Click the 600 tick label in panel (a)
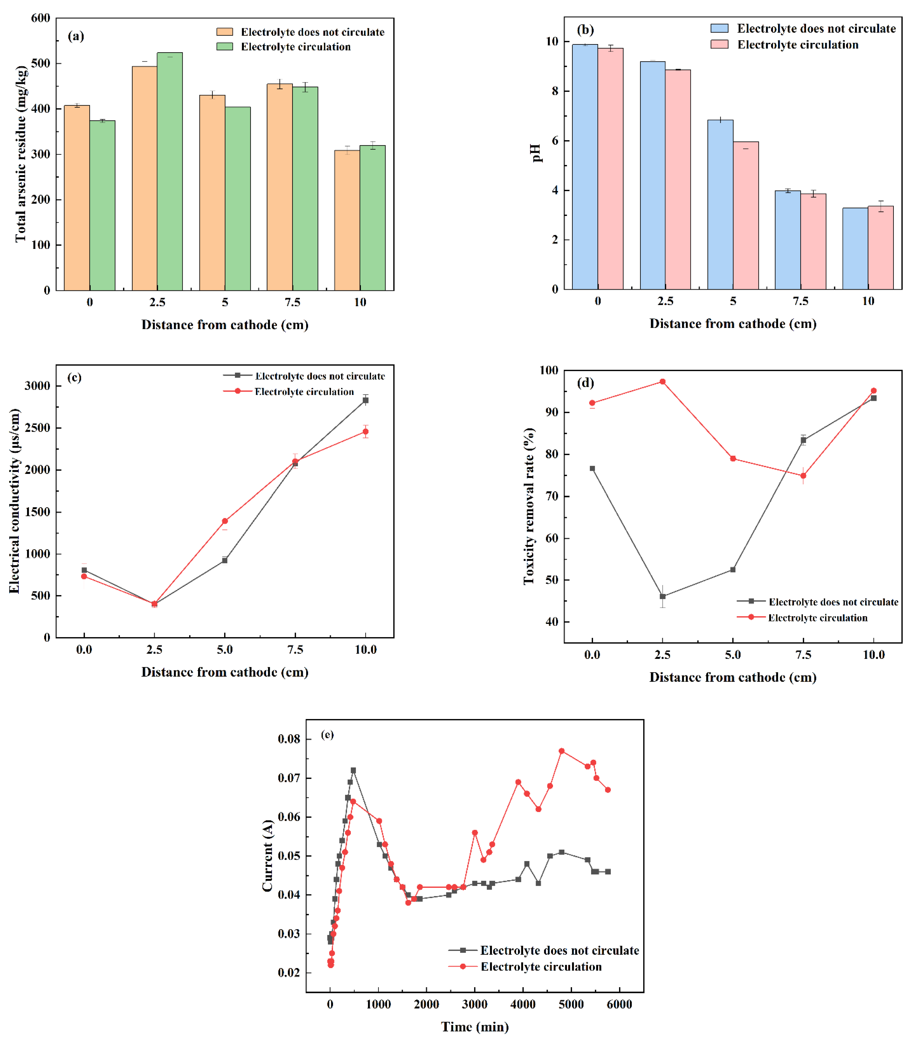(x=41, y=18)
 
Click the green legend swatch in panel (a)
(x=225, y=46)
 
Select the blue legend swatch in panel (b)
(x=719, y=28)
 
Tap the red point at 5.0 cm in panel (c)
(x=225, y=521)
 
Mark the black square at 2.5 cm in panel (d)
(x=662, y=597)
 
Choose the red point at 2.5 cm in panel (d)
(x=662, y=382)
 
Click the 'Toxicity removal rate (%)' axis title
(x=529, y=506)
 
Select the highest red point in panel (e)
(x=561, y=751)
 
